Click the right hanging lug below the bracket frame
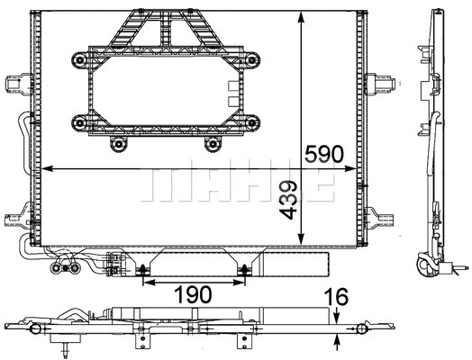pyautogui.click(x=213, y=143)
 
